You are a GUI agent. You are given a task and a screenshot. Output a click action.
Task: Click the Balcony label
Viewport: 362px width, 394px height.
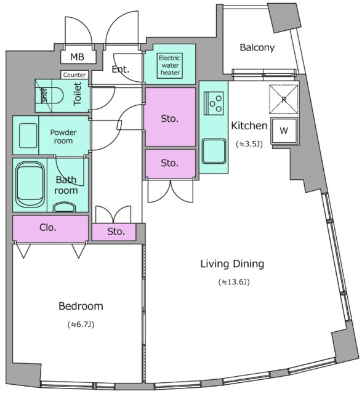pyautogui.click(x=257, y=47)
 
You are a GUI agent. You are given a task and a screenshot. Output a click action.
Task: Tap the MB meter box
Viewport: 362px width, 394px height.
pyautogui.click(x=78, y=57)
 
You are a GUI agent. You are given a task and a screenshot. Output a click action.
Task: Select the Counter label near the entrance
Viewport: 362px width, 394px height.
pyautogui.click(x=74, y=75)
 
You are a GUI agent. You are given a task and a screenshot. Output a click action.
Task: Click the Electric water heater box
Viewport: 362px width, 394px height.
pyautogui.click(x=169, y=66)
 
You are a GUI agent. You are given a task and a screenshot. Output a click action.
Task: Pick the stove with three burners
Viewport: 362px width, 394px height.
pyautogui.click(x=214, y=103)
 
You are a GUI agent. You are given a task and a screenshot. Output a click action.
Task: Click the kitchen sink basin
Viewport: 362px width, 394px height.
pyautogui.click(x=214, y=151)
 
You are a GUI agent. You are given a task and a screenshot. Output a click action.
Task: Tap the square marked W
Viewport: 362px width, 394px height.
pyautogui.click(x=284, y=131)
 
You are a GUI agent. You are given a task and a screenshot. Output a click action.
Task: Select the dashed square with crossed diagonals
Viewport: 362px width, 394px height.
pyautogui.click(x=283, y=99)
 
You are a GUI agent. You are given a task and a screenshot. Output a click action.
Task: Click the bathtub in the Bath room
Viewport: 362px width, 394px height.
pyautogui.click(x=30, y=185)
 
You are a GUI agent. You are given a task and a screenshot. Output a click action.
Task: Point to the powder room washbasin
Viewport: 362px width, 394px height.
pyautogui.click(x=28, y=135)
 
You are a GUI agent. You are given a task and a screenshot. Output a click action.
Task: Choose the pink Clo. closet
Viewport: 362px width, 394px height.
pyautogui.click(x=50, y=228)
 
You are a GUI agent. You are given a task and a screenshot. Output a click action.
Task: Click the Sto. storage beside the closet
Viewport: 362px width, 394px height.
pyautogui.click(x=114, y=231)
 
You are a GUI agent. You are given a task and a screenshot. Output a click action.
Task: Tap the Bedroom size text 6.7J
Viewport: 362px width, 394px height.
pyautogui.click(x=81, y=324)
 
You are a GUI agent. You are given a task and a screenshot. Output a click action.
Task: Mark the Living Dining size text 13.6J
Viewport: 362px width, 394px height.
pyautogui.click(x=234, y=282)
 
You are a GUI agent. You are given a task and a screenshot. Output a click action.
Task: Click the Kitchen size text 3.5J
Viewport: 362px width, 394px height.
pyautogui.click(x=249, y=144)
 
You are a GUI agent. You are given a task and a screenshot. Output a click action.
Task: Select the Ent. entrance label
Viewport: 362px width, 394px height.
pyautogui.click(x=121, y=69)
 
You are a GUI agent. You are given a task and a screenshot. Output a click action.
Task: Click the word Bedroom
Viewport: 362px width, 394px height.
pyautogui.click(x=81, y=306)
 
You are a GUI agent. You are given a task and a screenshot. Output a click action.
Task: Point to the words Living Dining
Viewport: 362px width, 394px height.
pyautogui.click(x=232, y=264)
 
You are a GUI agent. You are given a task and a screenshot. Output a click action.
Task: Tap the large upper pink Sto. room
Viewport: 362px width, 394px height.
pyautogui.click(x=171, y=117)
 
